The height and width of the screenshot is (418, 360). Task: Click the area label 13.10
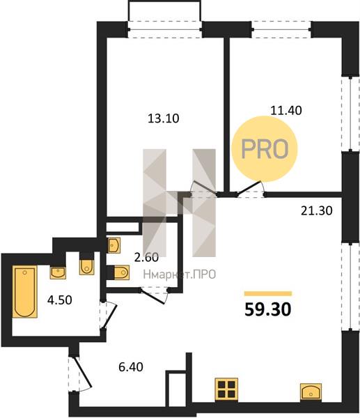pyautogui.click(x=164, y=118)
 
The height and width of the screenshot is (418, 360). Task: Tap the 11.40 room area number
pyautogui.click(x=286, y=110)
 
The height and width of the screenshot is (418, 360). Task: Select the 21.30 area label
pyautogui.click(x=317, y=211)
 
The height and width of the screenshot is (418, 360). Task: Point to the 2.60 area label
pyautogui.click(x=146, y=258)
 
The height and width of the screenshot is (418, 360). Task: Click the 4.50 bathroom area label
pyautogui.click(x=60, y=300)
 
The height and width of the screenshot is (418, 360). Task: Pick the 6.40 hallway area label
pyautogui.click(x=131, y=367)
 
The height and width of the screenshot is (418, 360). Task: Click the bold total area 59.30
pyautogui.click(x=268, y=310)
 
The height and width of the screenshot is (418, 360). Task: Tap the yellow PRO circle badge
pyautogui.click(x=264, y=149)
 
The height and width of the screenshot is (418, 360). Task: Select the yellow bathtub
pyautogui.click(x=25, y=291)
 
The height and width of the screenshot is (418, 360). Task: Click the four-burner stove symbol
pyautogui.click(x=226, y=389)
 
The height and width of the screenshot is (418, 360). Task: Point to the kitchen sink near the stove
pyautogui.click(x=311, y=392)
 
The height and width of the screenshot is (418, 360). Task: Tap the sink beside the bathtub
pyautogui.click(x=58, y=272)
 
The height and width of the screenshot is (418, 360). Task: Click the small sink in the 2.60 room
pyautogui.click(x=114, y=245)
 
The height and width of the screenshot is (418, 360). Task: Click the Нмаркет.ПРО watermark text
pyautogui.click(x=180, y=274)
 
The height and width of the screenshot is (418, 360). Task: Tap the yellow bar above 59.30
pyautogui.click(x=268, y=293)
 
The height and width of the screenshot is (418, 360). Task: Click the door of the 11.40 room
pyautogui.click(x=250, y=189)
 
